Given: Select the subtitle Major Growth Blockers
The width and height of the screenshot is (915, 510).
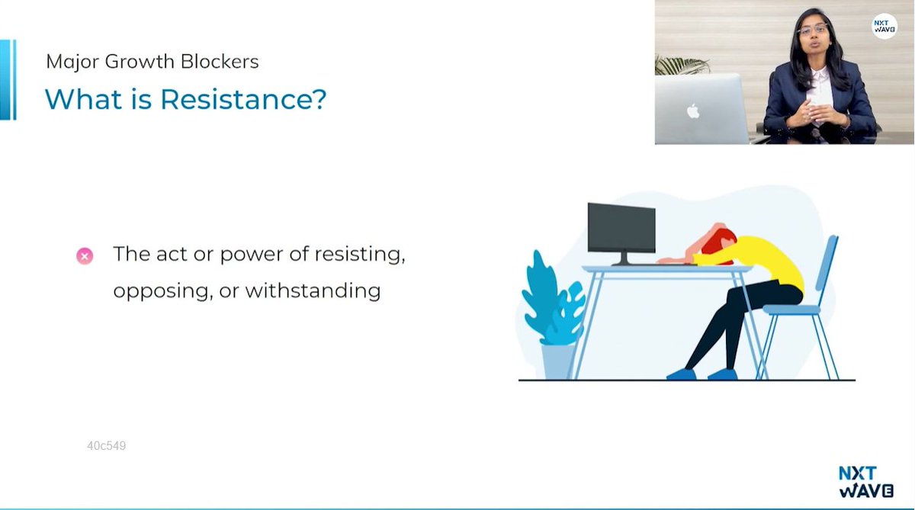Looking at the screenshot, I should point(152,62).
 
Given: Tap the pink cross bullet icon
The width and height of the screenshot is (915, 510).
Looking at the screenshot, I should point(85,256).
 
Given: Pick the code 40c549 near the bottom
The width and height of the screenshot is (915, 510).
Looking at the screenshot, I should point(106,446).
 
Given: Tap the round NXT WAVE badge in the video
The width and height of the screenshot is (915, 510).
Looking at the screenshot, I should point(884,27).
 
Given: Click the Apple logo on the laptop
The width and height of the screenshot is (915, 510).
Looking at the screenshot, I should point(692,111).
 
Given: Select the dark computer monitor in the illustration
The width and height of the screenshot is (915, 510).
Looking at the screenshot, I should point(621,229).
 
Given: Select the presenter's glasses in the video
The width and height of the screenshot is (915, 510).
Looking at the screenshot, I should point(813,30).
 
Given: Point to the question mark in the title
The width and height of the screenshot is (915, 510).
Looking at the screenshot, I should point(319,100).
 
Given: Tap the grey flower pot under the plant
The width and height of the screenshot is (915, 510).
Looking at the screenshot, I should point(559,360).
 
